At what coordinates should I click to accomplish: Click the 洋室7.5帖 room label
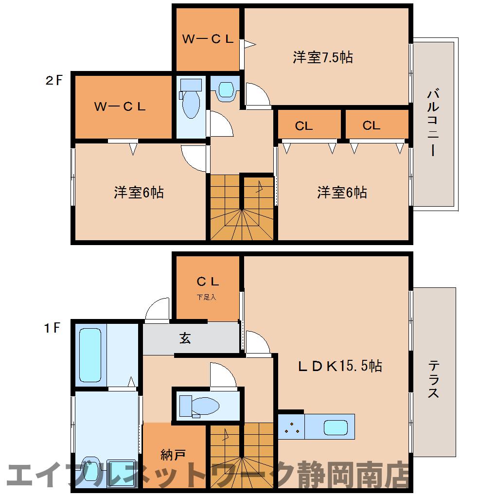coord(322,57)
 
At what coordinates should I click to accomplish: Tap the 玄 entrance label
coord(185,338)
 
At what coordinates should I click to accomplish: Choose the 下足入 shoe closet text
coord(206,297)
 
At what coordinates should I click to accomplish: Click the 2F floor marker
coord(54,81)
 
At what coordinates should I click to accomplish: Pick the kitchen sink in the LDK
coord(336,428)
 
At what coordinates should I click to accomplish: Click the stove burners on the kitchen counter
coord(292,427)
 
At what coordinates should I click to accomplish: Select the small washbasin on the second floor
coord(226,89)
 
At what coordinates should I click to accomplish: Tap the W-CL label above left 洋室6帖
coord(120,106)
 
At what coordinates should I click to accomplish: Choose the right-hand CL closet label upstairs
coord(372,125)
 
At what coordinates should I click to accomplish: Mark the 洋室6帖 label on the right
coord(342,193)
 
